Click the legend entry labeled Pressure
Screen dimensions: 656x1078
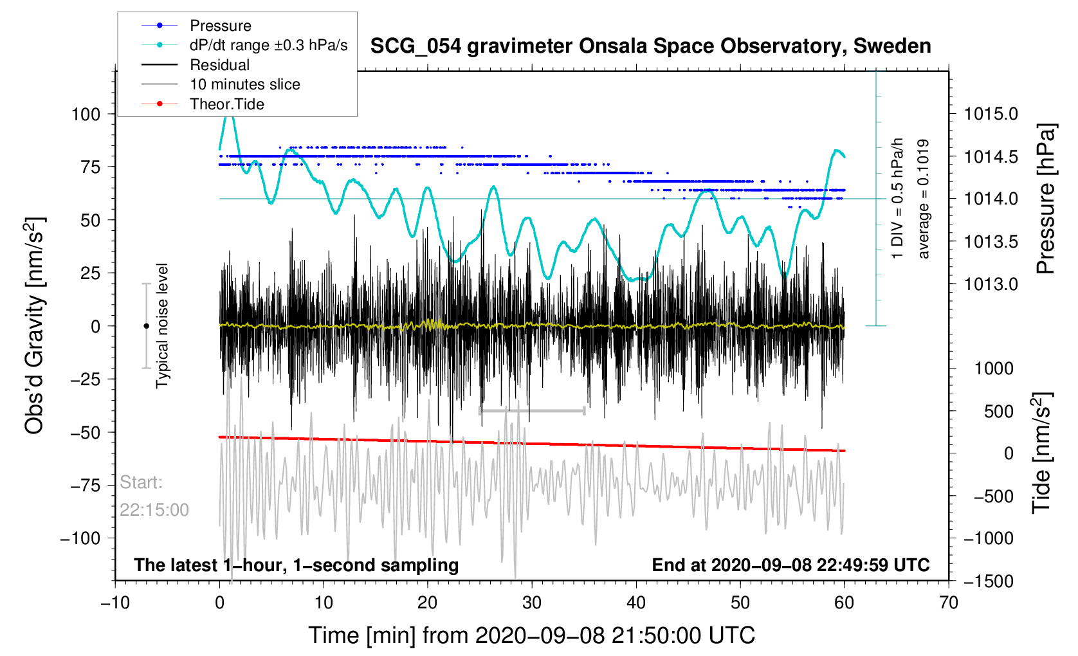coord(220,26)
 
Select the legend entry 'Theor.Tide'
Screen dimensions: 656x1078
coord(226,104)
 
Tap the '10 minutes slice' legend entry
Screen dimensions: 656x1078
coord(244,84)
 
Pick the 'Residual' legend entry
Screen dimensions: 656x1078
coord(219,65)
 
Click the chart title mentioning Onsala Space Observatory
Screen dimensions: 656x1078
coord(650,46)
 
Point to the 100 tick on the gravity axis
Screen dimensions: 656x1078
coord(86,114)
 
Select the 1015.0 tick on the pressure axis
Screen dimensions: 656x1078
coord(991,114)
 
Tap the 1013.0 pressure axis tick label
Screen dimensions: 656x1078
coord(991,284)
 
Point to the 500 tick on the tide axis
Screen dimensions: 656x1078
coord(998,412)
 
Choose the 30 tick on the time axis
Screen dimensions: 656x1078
coord(532,603)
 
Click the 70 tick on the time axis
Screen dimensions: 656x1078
coord(948,603)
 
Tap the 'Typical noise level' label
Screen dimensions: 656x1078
coord(162,325)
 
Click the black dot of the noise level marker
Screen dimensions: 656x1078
coord(146,326)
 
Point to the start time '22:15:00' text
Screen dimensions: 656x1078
coord(154,510)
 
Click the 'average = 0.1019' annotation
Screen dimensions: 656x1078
coord(924,199)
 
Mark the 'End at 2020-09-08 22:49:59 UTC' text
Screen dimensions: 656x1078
coord(790,565)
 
